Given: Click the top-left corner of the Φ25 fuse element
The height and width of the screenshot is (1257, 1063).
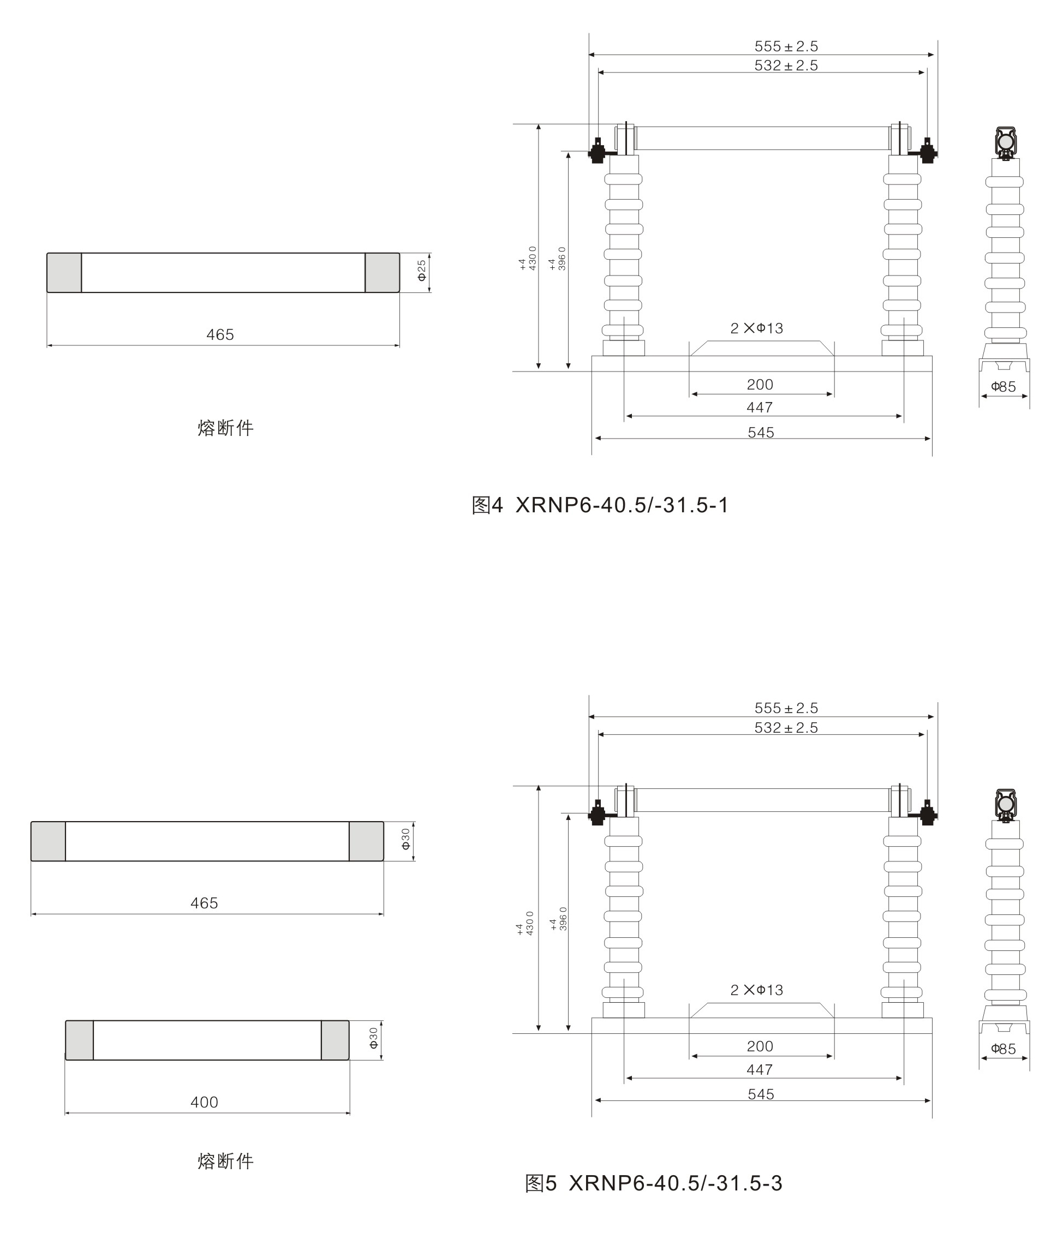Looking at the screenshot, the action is [47, 253].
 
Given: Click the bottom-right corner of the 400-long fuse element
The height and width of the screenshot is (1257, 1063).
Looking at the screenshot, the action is [349, 1060].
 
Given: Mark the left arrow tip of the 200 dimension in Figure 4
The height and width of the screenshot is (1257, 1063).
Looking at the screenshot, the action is [691, 394].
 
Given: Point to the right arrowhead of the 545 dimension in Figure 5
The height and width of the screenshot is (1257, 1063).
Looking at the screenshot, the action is [930, 1100].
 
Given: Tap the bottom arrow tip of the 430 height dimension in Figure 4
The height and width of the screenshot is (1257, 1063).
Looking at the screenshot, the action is [538, 369].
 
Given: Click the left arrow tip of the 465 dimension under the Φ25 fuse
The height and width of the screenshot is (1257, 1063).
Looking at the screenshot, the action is [47, 345].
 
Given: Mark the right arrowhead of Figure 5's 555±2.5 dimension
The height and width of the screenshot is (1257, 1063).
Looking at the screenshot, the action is [934, 716].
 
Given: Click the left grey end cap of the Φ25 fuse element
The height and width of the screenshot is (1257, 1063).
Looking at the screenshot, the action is [64, 273].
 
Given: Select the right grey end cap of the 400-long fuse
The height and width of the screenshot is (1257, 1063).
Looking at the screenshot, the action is [335, 1040].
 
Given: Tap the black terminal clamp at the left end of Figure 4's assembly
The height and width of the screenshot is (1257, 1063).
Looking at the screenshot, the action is [596, 151].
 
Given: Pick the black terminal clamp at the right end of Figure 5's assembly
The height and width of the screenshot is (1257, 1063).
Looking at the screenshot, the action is [928, 812].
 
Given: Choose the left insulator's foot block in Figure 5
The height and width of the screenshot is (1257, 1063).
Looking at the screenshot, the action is [624, 1010].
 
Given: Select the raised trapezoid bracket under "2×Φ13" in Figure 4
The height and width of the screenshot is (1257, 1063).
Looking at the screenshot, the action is [762, 348].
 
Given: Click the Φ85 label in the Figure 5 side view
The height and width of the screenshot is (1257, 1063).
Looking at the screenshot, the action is [1004, 1049].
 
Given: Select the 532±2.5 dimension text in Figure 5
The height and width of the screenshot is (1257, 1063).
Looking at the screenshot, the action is [786, 728].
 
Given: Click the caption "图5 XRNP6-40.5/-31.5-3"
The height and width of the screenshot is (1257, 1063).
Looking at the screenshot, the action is [654, 1183].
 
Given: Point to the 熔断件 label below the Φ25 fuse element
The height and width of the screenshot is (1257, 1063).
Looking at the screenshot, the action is [225, 428].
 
